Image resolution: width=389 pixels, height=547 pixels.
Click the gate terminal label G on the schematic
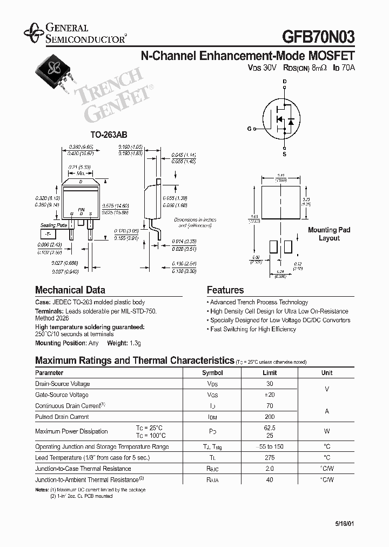click(249, 129)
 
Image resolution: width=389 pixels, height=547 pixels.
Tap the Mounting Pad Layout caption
click(329, 234)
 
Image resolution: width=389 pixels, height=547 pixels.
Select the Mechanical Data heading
click(70, 290)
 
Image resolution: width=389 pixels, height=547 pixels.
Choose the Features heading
click(225, 290)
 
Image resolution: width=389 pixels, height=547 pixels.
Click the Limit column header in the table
click(270, 372)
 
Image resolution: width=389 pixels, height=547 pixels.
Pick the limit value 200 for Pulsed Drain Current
click(270, 417)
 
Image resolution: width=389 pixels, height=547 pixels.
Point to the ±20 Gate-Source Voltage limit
click(270, 395)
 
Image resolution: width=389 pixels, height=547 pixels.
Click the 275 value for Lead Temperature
click(270, 457)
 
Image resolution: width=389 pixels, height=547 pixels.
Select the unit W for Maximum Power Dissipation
click(327, 431)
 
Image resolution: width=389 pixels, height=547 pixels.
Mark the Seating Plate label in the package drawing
click(54, 225)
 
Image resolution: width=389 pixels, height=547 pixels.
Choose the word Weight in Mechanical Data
click(117, 343)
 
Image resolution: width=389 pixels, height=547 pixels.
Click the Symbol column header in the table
click(212, 372)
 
